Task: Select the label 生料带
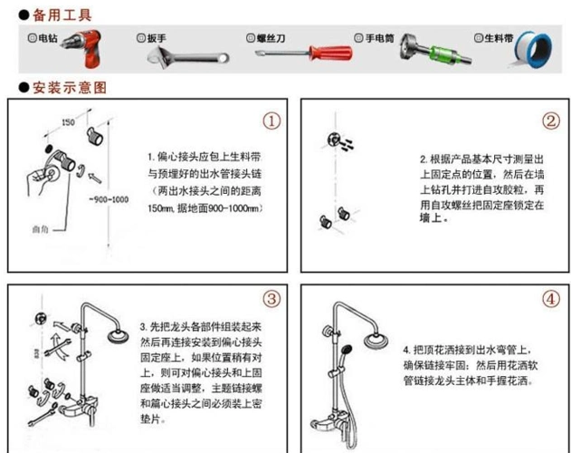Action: [494, 38]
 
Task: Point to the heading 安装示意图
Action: [69, 88]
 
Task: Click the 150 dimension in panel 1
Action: [68, 121]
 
